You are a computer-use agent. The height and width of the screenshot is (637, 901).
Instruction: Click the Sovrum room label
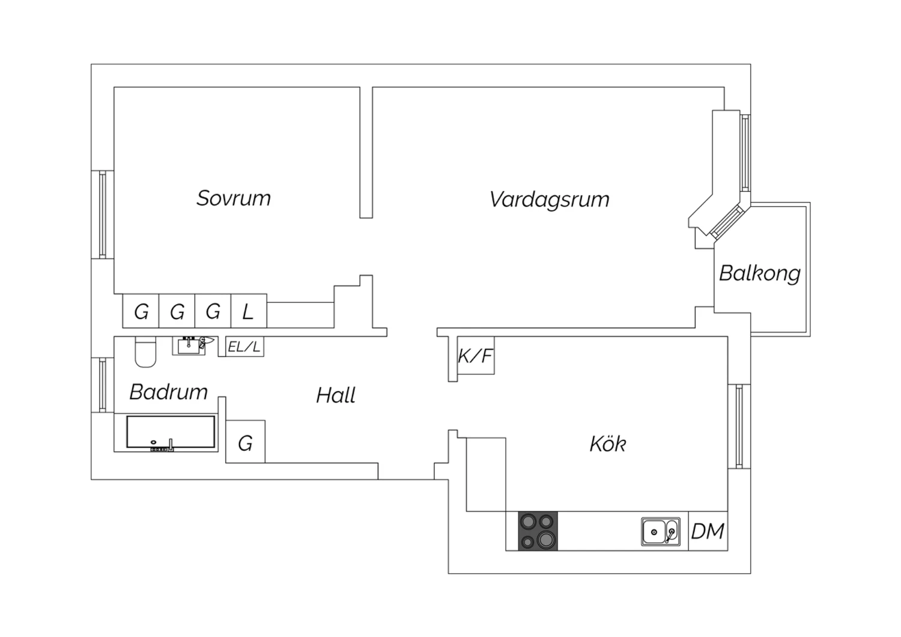(234, 198)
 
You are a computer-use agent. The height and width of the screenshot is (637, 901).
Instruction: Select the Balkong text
(760, 274)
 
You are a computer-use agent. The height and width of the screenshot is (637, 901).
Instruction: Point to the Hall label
(336, 395)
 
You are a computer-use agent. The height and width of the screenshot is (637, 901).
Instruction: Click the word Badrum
(169, 392)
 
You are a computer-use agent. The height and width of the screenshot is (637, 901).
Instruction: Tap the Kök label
(608, 444)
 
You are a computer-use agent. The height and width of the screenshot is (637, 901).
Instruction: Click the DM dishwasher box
(708, 531)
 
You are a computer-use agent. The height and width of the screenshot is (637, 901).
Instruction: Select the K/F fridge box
(476, 355)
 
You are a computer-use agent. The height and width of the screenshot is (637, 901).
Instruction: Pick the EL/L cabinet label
(244, 347)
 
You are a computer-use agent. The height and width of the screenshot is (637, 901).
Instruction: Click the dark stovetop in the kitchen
(538, 531)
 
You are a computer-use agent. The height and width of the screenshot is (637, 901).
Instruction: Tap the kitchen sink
(661, 532)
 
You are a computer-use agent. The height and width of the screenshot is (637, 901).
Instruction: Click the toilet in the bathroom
(145, 352)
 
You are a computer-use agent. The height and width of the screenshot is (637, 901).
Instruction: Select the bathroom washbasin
(189, 346)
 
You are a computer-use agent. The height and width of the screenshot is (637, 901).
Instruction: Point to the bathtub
(171, 432)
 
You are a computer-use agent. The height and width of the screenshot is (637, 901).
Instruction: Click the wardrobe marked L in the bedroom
(249, 311)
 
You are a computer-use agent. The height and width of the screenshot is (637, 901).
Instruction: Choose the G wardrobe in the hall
(245, 442)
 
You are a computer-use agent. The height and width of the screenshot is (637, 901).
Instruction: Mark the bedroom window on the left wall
(103, 215)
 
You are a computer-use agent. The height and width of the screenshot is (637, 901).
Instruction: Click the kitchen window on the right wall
(739, 427)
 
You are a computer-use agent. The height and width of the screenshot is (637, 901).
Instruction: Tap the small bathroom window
(103, 385)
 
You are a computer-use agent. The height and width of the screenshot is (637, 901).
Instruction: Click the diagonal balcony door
(727, 222)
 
